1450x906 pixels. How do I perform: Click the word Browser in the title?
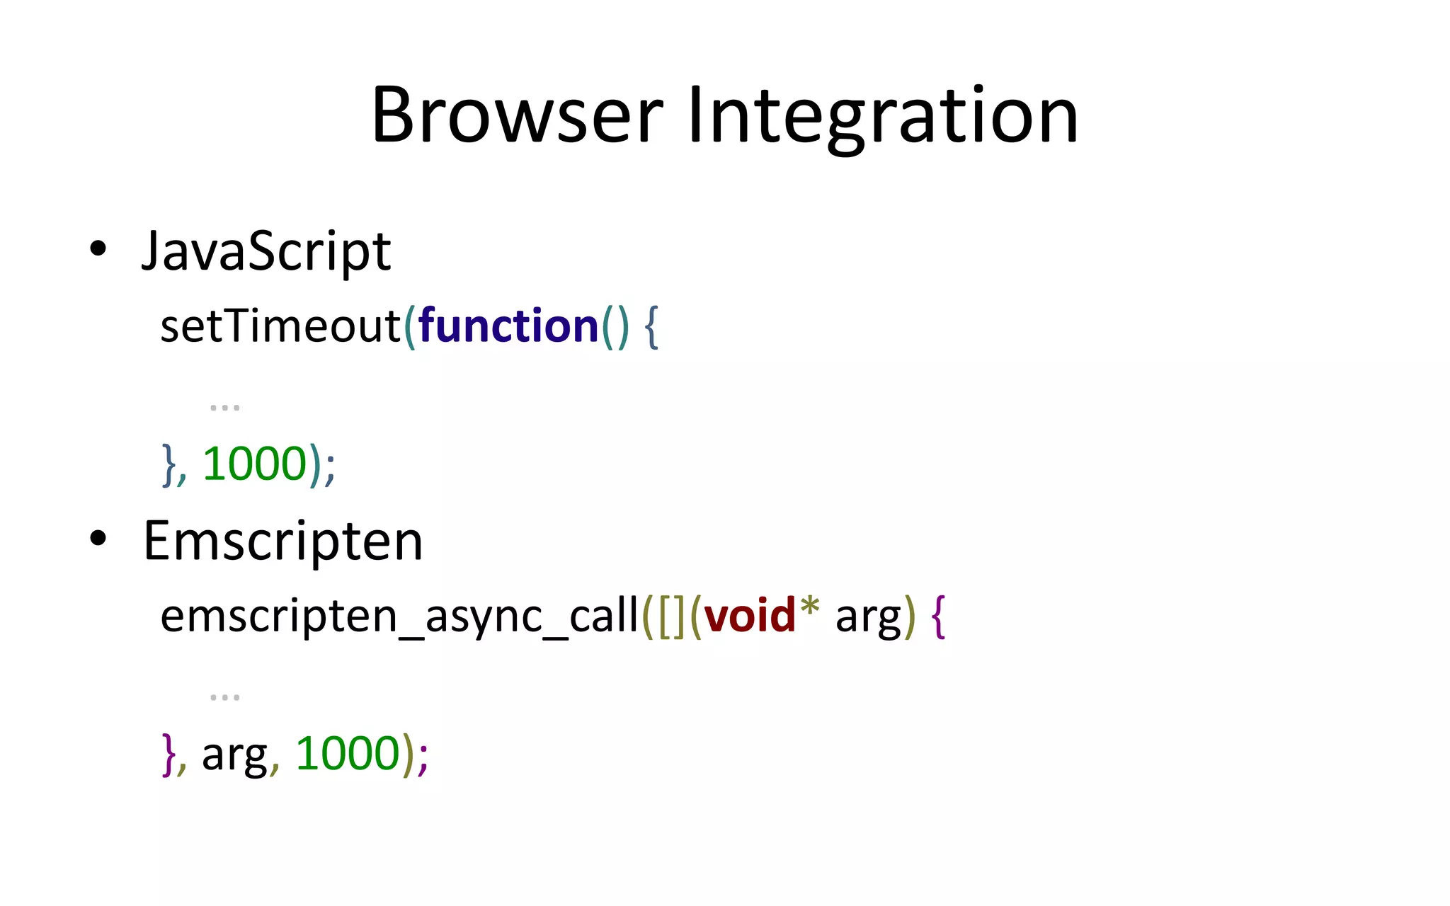[x=517, y=115]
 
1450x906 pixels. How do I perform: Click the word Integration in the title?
[x=882, y=115]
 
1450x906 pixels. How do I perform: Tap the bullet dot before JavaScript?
[x=98, y=248]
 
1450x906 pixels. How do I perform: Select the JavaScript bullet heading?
[x=266, y=251]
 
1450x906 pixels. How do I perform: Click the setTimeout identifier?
[x=280, y=326]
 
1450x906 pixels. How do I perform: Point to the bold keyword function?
[x=508, y=326]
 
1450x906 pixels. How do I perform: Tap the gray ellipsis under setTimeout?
[x=224, y=408]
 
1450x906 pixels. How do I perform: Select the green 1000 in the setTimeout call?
[x=254, y=464]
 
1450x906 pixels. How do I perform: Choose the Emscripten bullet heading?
[x=282, y=541]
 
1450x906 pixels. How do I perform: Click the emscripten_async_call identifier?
[x=399, y=616]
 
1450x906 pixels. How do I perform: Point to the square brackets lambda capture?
[x=671, y=616]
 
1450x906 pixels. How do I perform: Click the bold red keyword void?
[x=750, y=616]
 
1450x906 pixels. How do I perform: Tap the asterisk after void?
[x=809, y=607]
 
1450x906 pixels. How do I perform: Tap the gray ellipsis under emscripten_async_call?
[x=224, y=697]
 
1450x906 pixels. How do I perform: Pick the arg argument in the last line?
[x=234, y=756]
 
